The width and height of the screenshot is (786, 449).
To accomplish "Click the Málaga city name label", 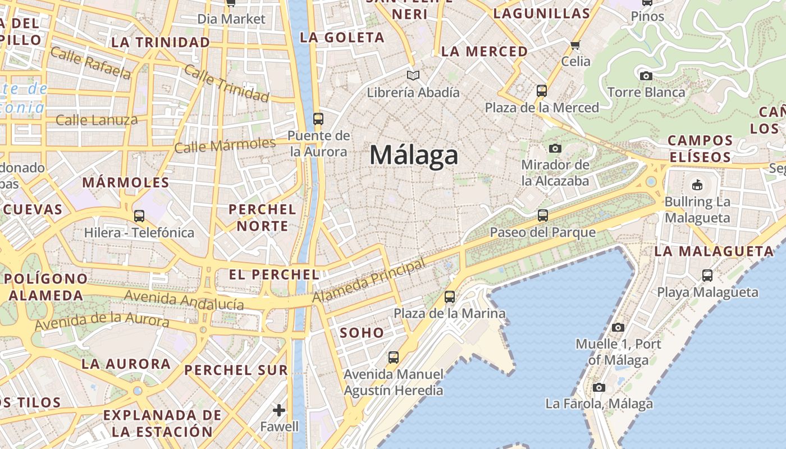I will (x=414, y=155).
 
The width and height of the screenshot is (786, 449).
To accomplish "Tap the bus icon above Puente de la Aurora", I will (x=318, y=118).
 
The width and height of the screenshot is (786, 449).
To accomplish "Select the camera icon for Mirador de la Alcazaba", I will (x=555, y=148).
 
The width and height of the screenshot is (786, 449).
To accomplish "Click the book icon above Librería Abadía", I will (x=413, y=75).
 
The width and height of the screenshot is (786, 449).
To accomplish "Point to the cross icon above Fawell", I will (x=279, y=410).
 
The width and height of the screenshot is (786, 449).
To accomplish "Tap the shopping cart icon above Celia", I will (x=575, y=45).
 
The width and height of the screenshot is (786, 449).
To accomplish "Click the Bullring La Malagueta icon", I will (x=697, y=184).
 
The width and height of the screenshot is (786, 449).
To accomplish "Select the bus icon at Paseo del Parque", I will (x=542, y=215).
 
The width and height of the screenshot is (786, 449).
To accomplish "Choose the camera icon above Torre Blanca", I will (x=646, y=75).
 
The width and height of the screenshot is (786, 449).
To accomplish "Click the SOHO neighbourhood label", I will (x=362, y=333).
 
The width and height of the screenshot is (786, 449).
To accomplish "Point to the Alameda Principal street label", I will (x=369, y=281).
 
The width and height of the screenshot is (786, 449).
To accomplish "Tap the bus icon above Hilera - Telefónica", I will (x=139, y=216).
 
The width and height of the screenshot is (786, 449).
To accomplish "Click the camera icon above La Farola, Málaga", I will (x=599, y=387).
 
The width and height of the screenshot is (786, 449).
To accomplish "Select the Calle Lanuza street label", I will (x=97, y=120).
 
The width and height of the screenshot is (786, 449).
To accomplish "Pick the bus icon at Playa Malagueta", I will (x=707, y=275).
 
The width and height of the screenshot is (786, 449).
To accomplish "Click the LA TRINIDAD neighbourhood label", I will (x=161, y=42).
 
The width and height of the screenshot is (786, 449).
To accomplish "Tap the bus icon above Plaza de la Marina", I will (x=450, y=296).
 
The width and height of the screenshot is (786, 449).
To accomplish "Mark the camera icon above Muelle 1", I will (x=618, y=327).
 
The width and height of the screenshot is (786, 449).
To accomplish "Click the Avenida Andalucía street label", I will (x=184, y=300).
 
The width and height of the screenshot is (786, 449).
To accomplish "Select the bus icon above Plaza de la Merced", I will (x=542, y=90).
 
